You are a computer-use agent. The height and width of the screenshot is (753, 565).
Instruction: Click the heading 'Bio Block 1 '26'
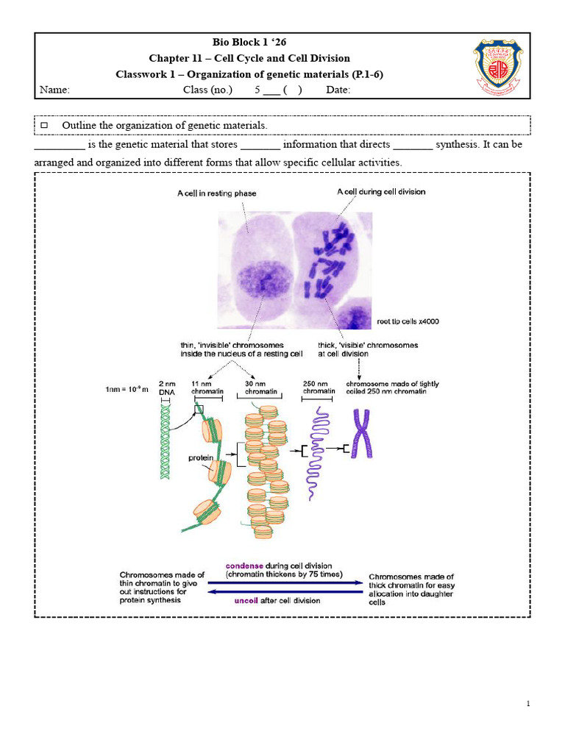pos(249,43)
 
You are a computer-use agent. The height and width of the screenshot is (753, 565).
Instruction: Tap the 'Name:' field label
pos(54,90)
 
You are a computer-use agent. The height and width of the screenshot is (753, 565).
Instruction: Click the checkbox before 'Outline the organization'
pos(43,126)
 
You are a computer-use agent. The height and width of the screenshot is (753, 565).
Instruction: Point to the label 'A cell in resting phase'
pos(216,194)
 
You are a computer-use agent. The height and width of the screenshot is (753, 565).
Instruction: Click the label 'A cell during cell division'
pos(380,192)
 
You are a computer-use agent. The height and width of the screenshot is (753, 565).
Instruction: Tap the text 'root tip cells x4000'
pos(408,321)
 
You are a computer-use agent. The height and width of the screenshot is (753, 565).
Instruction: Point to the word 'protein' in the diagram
pos(200,457)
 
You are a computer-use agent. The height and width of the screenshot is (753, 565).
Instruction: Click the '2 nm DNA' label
pos(168,388)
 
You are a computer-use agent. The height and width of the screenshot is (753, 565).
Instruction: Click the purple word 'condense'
pos(245,565)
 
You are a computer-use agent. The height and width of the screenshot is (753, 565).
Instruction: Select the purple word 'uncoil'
pos(246,600)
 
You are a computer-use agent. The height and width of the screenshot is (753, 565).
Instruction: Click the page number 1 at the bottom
pos(528,704)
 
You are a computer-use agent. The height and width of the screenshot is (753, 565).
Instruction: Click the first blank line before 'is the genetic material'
pos(60,146)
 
